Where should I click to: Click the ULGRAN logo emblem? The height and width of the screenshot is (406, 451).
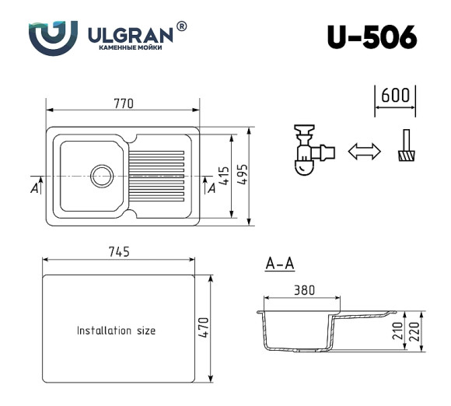pos(54,36)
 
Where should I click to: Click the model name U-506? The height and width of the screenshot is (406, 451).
pos(372,37)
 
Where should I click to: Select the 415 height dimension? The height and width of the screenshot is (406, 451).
pos(223,176)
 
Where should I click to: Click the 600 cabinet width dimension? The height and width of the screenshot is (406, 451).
pos(396,96)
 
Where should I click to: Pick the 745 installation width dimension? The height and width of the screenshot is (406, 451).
pos(118,250)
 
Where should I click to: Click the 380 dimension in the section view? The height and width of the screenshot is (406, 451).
pos(304,290)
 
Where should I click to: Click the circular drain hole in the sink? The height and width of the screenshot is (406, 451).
pos(102,175)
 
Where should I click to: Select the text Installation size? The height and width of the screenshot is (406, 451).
pos(116,331)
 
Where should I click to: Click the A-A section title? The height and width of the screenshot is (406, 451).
pos(279,264)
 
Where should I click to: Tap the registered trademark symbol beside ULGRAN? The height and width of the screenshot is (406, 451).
pos(182,26)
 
